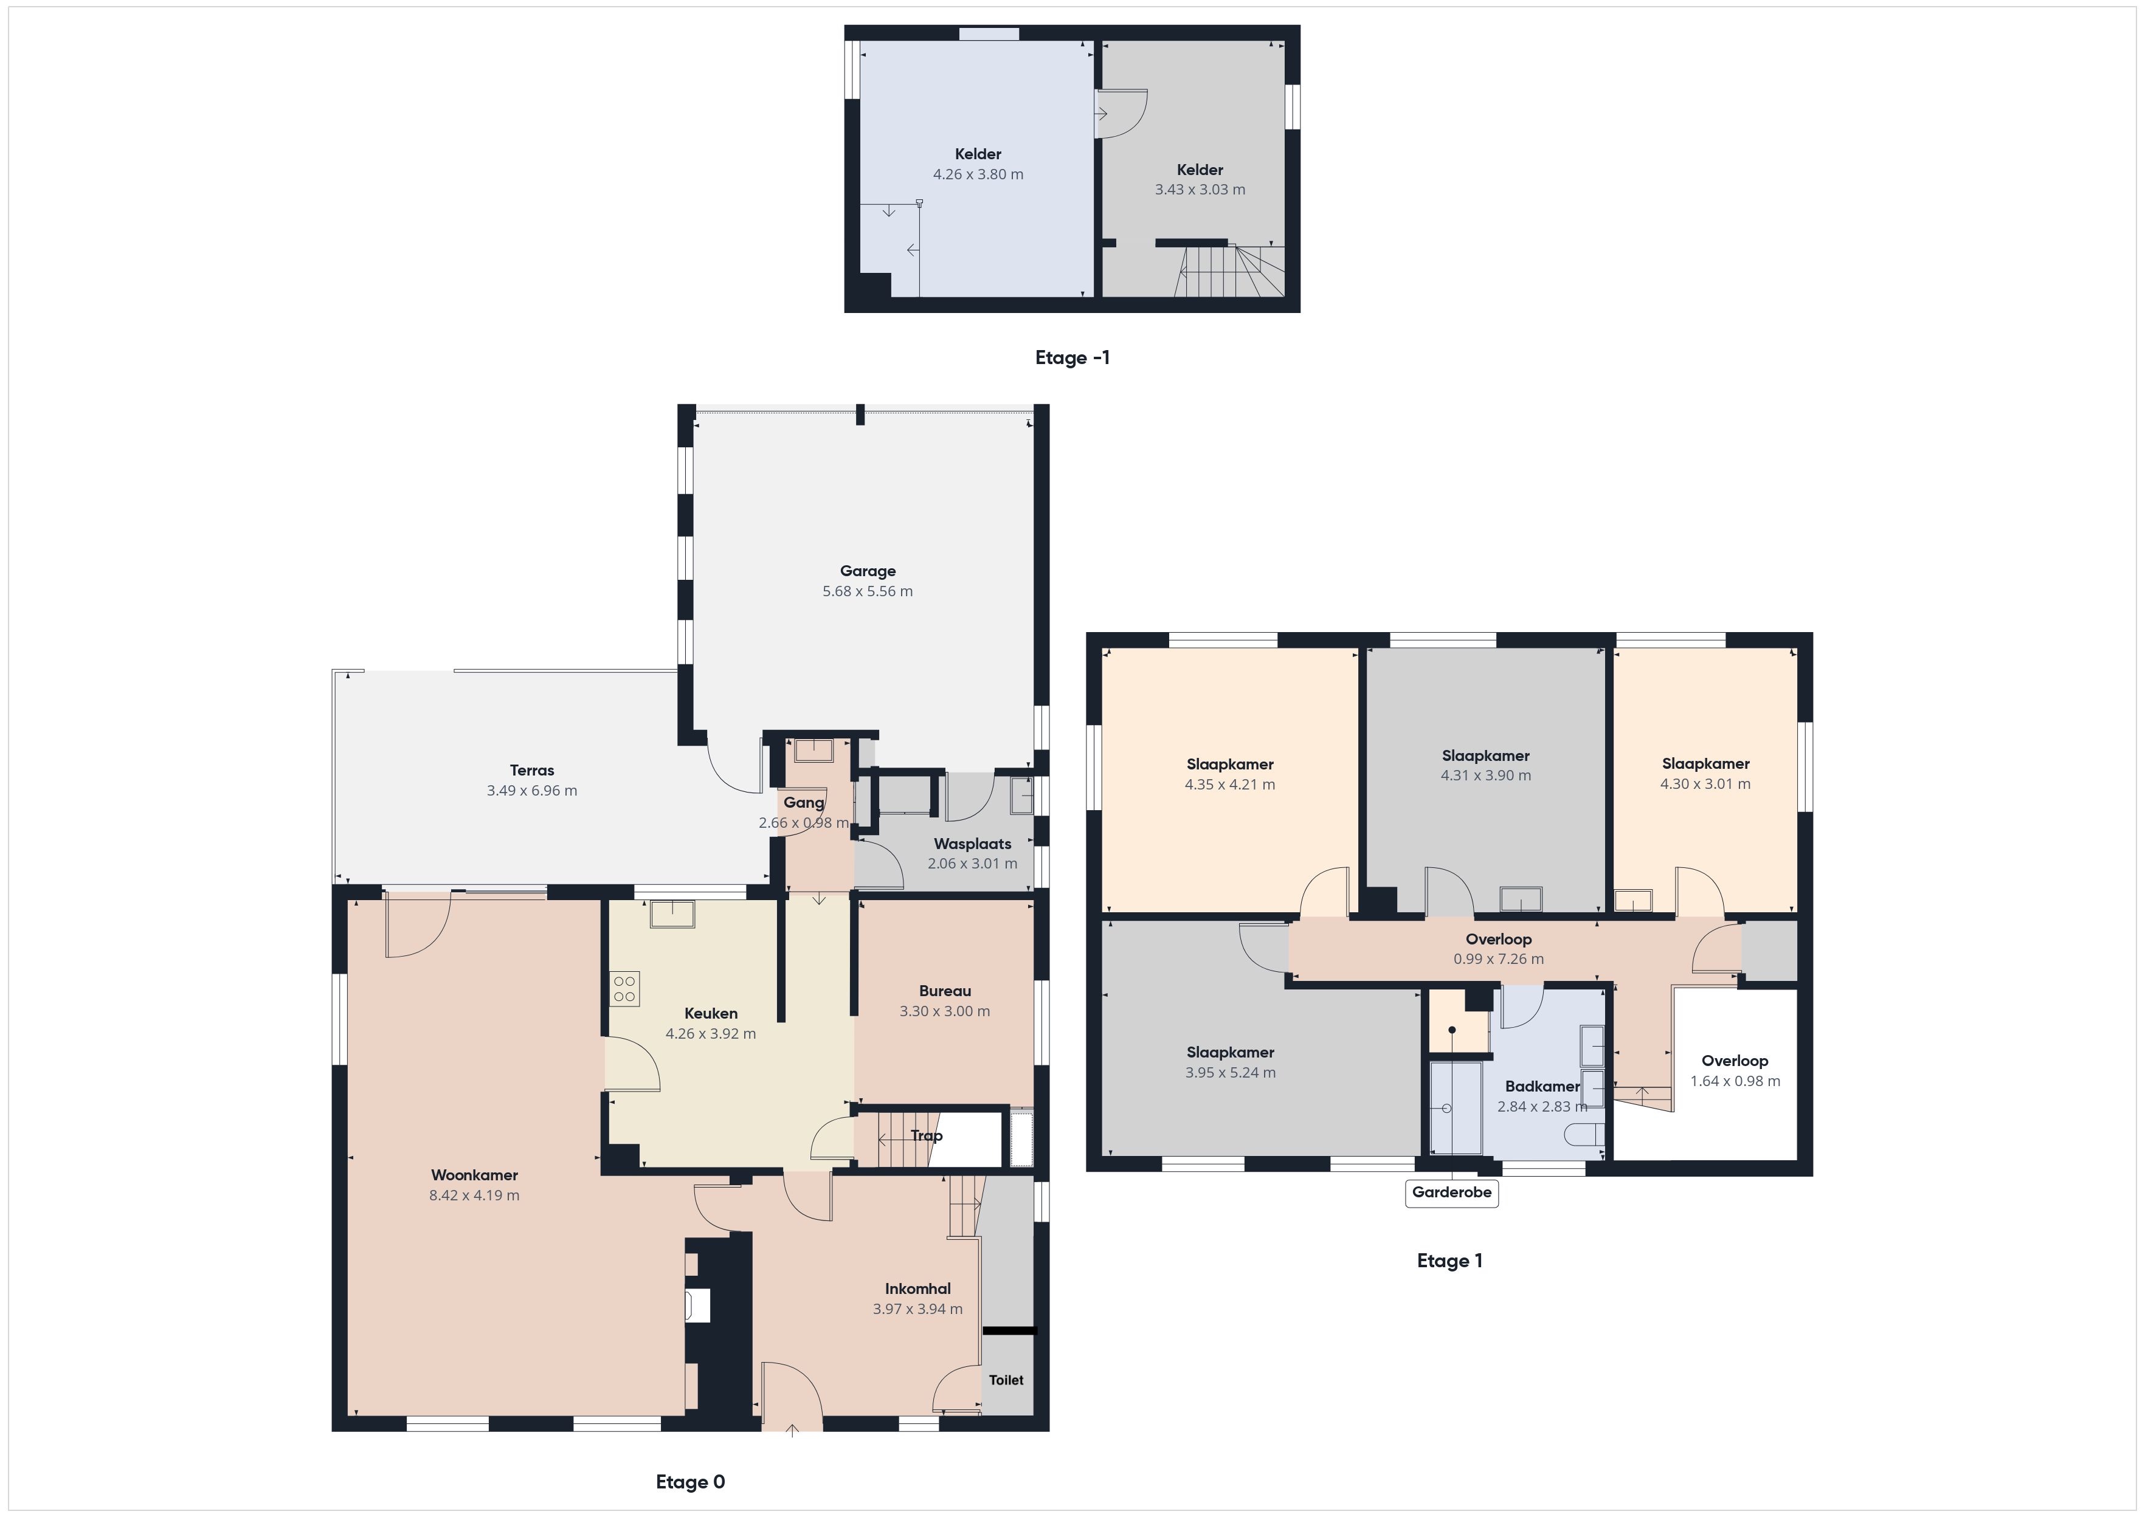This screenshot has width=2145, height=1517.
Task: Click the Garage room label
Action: click(x=867, y=571)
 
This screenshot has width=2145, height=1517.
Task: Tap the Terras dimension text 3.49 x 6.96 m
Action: click(x=531, y=790)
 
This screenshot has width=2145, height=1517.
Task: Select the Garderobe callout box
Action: click(x=1452, y=1193)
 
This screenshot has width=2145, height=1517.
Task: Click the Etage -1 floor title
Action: click(x=1072, y=358)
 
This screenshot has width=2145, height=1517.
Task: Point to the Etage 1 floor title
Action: click(x=1449, y=1261)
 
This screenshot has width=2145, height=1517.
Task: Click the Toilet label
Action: click(x=1006, y=1380)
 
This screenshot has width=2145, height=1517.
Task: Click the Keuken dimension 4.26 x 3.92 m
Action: click(x=711, y=1034)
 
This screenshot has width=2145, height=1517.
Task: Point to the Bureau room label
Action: click(x=944, y=991)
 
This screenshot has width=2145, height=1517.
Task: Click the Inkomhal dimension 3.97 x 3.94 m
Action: click(x=917, y=1309)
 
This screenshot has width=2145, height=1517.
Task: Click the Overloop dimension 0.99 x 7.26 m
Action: click(x=1499, y=959)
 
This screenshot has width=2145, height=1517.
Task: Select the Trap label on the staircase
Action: click(x=926, y=1136)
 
